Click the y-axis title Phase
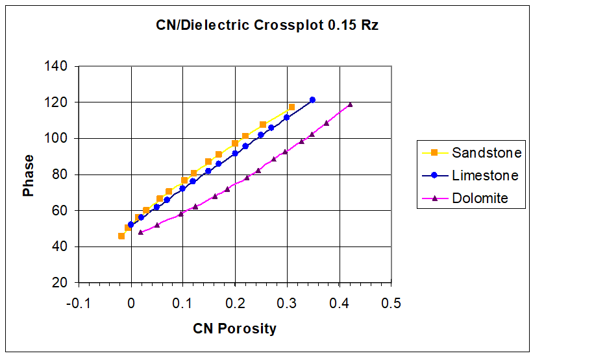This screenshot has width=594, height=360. click(29, 175)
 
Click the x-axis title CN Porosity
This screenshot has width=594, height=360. click(234, 328)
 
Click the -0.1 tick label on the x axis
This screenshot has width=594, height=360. click(79, 304)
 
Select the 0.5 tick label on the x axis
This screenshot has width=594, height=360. click(391, 304)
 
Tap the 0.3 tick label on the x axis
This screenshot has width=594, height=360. click(287, 304)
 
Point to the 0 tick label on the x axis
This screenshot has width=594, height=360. click(131, 304)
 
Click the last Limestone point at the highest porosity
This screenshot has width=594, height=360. click(312, 100)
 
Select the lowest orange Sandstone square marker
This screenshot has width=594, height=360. click(121, 236)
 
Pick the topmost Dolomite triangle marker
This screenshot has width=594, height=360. click(350, 104)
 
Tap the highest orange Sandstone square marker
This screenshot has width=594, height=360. click(291, 107)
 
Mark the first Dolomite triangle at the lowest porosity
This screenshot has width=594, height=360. click(141, 232)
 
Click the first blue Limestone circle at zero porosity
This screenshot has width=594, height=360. click(131, 224)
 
